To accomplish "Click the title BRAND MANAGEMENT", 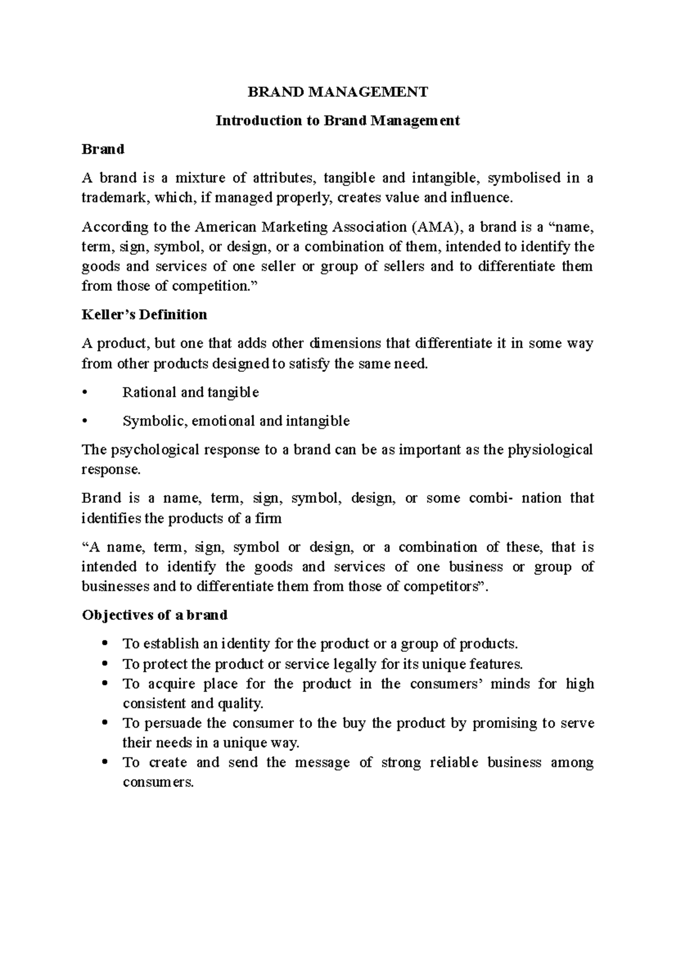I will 338,92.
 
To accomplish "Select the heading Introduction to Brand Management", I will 338,121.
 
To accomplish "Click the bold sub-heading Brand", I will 103,149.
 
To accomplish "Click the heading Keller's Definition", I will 144,314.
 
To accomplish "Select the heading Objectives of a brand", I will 154,615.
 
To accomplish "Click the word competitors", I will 437,586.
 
